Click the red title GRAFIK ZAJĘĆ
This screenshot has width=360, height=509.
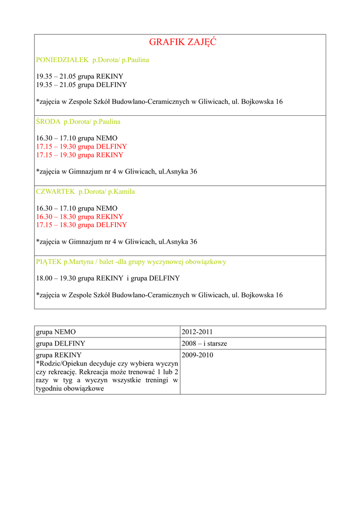(x=182, y=43)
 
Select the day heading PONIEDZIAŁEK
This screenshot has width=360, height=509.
(x=62, y=60)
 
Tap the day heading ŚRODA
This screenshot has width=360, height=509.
(x=48, y=121)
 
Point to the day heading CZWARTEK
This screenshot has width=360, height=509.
(x=55, y=191)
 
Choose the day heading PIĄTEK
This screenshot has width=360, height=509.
(x=49, y=261)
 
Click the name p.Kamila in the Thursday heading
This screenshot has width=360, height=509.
(x=121, y=191)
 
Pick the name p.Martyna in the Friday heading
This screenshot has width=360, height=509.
(x=79, y=261)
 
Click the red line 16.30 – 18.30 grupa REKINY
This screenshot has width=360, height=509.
(x=80, y=217)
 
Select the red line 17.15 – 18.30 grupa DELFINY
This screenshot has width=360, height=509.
(x=82, y=225)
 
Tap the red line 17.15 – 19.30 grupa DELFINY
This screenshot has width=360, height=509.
(x=82, y=147)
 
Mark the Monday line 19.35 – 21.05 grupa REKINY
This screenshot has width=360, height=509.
(x=80, y=77)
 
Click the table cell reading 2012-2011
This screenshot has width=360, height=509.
(x=197, y=332)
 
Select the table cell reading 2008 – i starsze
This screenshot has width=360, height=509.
(x=204, y=343)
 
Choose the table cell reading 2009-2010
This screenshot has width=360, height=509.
(x=197, y=355)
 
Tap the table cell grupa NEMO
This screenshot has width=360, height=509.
(x=56, y=332)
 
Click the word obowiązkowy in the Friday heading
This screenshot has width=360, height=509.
(x=205, y=261)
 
